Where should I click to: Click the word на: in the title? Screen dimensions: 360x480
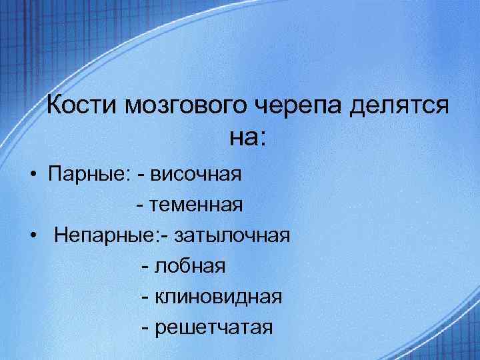tap(247, 138)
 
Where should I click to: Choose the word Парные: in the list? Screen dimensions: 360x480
tap(90, 175)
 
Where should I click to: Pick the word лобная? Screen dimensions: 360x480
tap(190, 267)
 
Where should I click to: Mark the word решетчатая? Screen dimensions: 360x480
tap(213, 328)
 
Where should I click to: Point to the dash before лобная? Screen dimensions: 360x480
tap(145, 267)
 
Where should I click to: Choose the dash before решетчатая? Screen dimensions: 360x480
tap(145, 329)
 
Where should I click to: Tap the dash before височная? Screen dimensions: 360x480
tap(141, 176)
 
